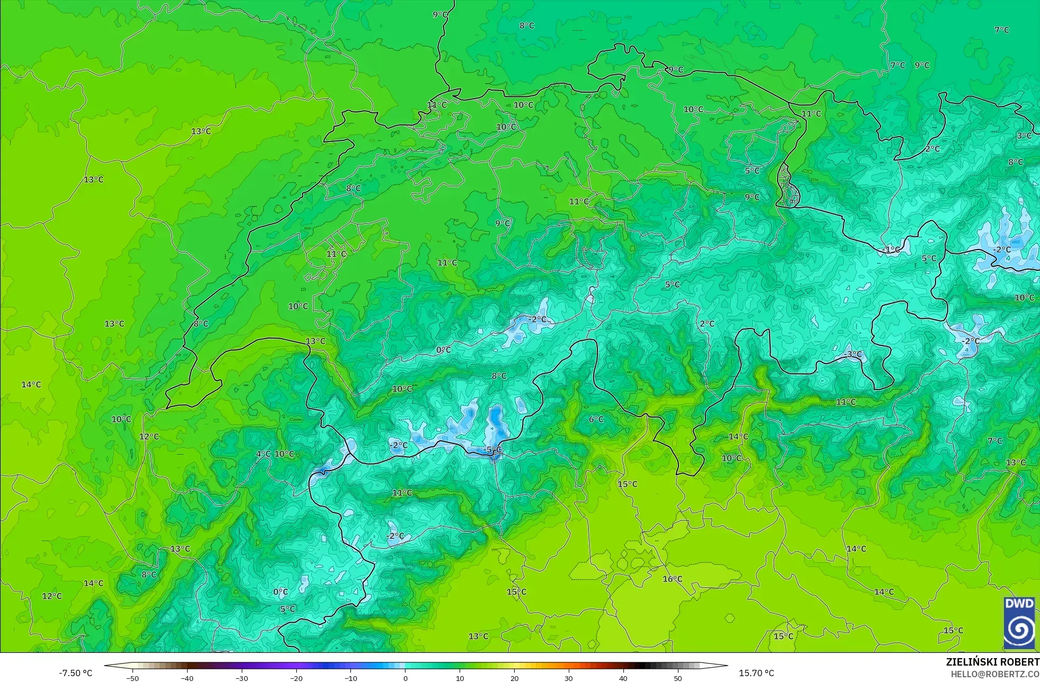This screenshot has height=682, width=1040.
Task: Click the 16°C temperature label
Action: (672, 579)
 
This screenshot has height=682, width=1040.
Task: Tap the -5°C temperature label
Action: (492, 450)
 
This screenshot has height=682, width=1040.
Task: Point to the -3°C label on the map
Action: (853, 354)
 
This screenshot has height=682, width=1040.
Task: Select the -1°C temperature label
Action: (892, 250)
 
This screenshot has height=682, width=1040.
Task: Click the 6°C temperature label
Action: (596, 419)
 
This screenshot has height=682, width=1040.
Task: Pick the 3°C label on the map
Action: (1024, 136)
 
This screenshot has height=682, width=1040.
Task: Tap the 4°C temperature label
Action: (263, 454)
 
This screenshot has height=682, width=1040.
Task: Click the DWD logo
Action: (1019, 623)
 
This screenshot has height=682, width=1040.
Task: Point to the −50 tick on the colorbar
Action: (133, 678)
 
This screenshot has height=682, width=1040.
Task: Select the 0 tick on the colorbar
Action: (406, 678)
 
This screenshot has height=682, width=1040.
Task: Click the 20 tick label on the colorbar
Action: (514, 678)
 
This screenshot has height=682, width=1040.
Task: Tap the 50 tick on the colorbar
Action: (678, 678)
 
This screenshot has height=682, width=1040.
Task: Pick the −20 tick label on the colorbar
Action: (296, 678)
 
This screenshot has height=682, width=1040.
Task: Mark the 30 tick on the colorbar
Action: (569, 678)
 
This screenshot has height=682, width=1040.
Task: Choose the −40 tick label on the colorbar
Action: (187, 678)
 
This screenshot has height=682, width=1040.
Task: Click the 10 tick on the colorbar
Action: (460, 678)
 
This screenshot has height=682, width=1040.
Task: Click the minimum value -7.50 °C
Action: (75, 673)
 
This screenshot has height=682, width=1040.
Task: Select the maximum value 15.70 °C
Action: (756, 673)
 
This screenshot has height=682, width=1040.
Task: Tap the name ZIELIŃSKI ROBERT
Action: (992, 662)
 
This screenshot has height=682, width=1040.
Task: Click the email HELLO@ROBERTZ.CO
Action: (994, 674)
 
